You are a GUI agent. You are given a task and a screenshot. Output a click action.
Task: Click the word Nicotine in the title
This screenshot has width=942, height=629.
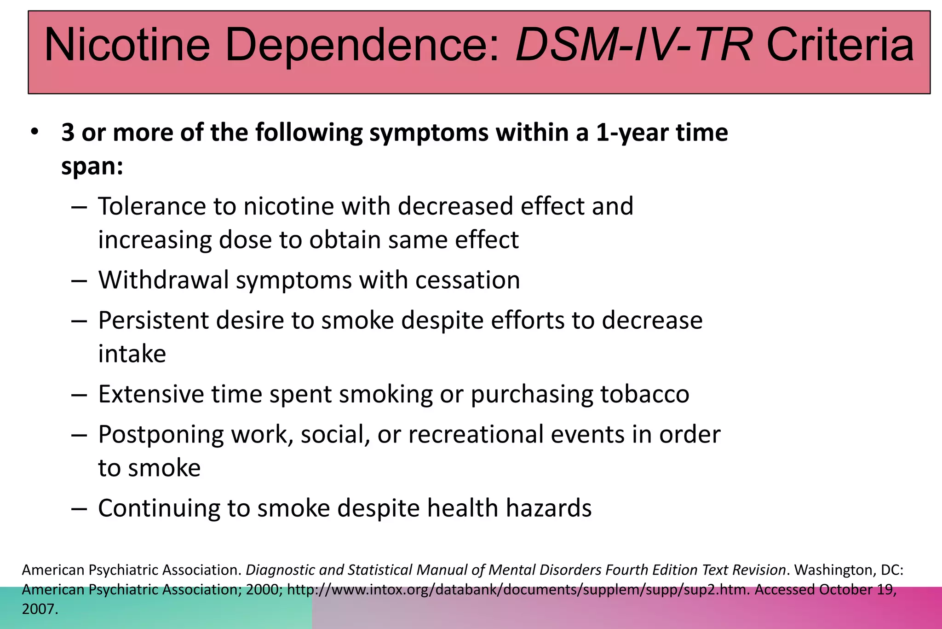point(127,45)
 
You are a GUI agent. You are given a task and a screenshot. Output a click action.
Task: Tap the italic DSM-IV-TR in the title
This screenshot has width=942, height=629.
point(634,45)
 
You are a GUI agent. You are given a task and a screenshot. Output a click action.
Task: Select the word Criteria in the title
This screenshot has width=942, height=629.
point(840,45)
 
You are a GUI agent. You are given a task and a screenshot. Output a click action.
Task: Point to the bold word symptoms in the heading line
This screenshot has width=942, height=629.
point(429,133)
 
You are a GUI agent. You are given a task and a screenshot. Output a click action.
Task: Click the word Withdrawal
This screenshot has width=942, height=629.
point(163,280)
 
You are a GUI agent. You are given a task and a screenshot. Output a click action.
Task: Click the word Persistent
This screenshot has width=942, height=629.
point(153,320)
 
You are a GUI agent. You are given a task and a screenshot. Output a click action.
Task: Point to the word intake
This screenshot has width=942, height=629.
point(132,354)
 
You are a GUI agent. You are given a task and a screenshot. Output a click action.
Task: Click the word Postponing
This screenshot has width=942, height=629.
point(161,434)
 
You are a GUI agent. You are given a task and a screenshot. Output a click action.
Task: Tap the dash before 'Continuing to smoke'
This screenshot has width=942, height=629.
point(79,508)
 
